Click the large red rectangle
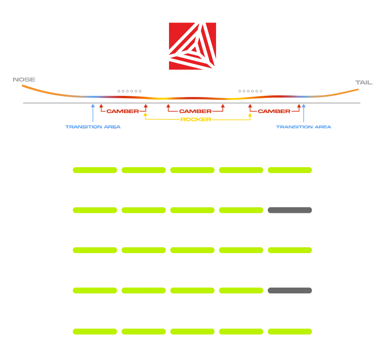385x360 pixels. coord(277,47)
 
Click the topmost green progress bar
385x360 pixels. coord(228,170)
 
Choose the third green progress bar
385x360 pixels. coord(228,250)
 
